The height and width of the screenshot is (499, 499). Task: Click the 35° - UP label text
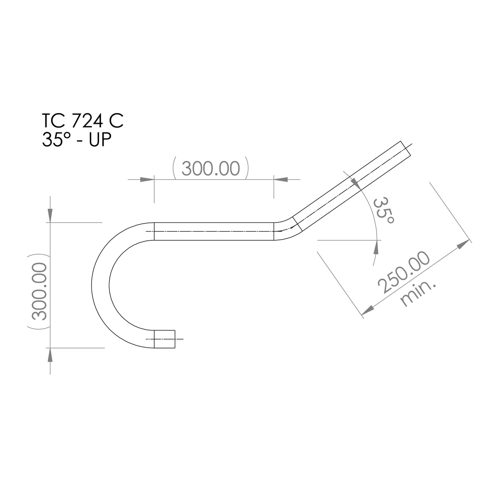76,140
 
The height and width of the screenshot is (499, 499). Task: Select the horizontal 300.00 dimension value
211,169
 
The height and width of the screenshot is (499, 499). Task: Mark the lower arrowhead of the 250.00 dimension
368,309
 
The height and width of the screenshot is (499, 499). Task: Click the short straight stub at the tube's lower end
165,339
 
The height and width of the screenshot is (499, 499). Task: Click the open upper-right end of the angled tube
407,150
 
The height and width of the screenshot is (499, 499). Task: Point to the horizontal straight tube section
214,231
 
